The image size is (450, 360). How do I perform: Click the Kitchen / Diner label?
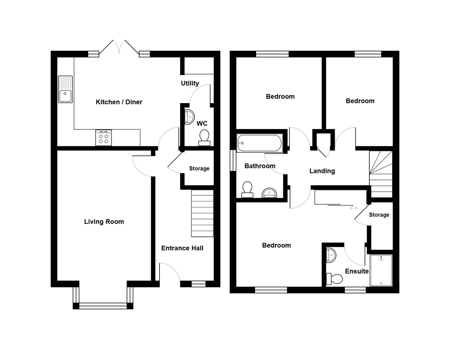(119, 102)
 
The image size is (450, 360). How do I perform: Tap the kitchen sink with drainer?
(65, 89)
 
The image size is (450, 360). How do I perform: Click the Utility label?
(190, 83)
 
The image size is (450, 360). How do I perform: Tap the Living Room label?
(104, 222)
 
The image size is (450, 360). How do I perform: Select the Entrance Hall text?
(182, 248)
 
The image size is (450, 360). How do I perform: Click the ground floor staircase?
(202, 213)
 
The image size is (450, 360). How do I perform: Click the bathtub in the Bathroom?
(259, 143)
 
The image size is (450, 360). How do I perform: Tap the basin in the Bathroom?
(269, 193)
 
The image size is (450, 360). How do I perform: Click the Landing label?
(322, 171)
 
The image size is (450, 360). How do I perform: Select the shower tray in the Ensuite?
(381, 270)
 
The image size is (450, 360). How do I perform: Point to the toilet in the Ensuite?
(335, 279)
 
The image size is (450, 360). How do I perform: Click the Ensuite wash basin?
(331, 255)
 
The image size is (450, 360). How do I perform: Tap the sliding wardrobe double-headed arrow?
(353, 208)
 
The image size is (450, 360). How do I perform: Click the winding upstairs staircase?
(381, 174)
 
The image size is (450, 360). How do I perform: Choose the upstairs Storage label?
(379, 215)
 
